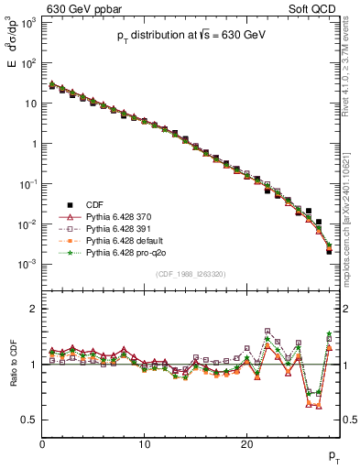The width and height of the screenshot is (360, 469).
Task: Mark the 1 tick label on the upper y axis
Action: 34,144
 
